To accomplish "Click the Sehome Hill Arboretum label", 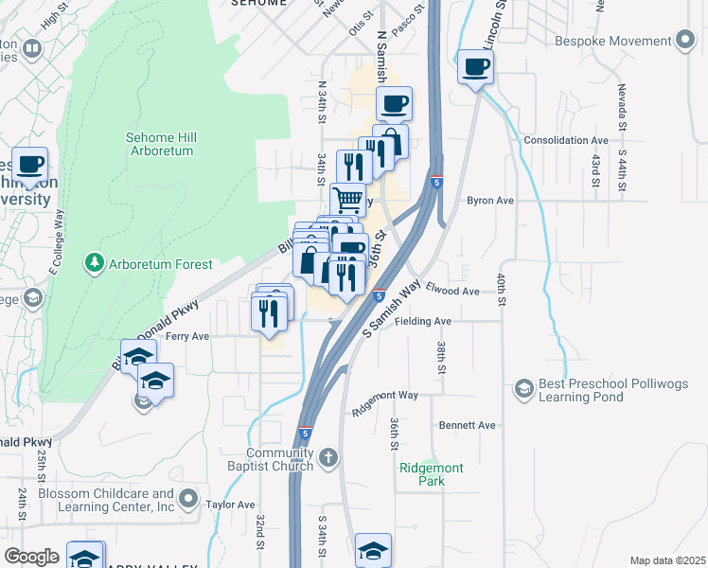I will tap(160, 144).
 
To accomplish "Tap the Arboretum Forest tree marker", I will tap(94, 261).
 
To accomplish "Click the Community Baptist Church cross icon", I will tap(327, 459).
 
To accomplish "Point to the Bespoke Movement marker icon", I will tap(685, 42).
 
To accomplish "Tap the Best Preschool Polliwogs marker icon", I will tap(523, 387).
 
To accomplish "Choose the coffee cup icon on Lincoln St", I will tap(475, 67).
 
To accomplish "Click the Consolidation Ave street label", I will tap(566, 140).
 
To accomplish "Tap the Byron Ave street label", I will tap(489, 201).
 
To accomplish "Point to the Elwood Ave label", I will tap(453, 291).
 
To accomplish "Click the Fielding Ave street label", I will tap(423, 321).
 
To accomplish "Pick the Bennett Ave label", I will tap(468, 426).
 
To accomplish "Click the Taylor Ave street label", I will tap(231, 506).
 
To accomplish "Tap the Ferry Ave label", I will tap(187, 336).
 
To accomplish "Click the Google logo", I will tap(31, 557).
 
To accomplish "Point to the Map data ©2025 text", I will tap(667, 560).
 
